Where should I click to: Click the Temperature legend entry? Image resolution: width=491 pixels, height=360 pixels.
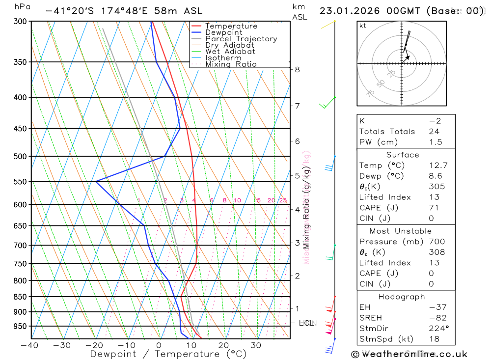click(x=231, y=26)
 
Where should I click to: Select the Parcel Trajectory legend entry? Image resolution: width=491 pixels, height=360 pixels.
click(x=241, y=39)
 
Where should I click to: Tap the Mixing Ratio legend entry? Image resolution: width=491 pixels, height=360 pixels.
click(x=231, y=64)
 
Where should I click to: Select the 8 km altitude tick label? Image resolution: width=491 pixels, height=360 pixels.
click(x=297, y=70)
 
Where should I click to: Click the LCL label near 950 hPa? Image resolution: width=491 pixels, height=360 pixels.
click(x=306, y=323)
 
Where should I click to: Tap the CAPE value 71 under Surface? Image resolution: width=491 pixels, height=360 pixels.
click(x=434, y=208)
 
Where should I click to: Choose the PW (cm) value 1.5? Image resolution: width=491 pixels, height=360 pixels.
click(x=436, y=142)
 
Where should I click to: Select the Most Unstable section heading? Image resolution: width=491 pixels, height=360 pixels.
click(x=401, y=231)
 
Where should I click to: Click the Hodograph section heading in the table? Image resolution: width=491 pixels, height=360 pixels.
click(x=402, y=297)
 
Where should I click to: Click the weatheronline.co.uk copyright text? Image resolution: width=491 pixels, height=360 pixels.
click(x=409, y=354)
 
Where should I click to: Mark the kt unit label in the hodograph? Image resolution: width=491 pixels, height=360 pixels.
click(x=363, y=26)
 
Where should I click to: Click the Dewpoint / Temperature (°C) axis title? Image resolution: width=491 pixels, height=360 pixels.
click(x=168, y=354)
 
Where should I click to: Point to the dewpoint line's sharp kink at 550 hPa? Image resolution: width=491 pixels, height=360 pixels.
click(x=96, y=181)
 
